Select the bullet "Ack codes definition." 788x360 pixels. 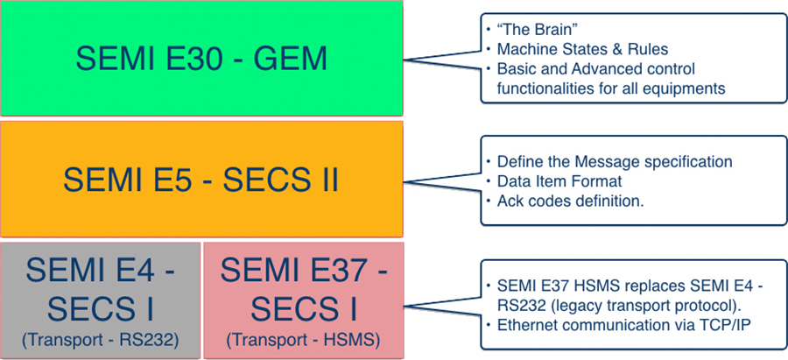point(570,201)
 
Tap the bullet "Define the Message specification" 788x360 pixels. point(614,162)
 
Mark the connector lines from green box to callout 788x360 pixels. point(442,60)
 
